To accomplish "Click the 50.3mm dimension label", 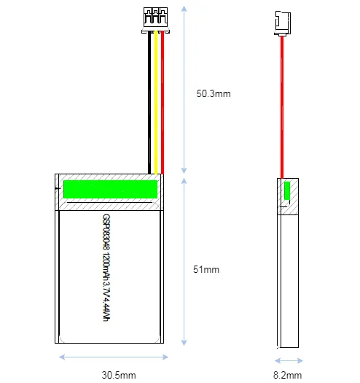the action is (214, 94).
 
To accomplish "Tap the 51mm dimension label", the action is (206, 269).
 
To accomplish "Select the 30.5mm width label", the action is (119, 375).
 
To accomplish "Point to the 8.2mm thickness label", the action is (288, 375).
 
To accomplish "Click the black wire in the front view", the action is (149, 103).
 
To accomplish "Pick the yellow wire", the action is (156, 103).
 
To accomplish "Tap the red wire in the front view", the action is (163, 103).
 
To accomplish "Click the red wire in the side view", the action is (282, 107).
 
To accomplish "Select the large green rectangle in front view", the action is (110, 189).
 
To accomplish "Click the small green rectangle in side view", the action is (287, 190).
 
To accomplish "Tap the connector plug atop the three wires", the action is (156, 20).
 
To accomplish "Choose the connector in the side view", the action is (282, 23).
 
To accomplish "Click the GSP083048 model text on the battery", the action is (106, 232).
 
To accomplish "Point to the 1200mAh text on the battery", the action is (106, 267).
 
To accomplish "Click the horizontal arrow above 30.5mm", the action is (114, 357).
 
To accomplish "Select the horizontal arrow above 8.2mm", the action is (289, 360).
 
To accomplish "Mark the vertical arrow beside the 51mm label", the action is (184, 262).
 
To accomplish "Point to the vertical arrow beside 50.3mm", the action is (184, 90).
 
